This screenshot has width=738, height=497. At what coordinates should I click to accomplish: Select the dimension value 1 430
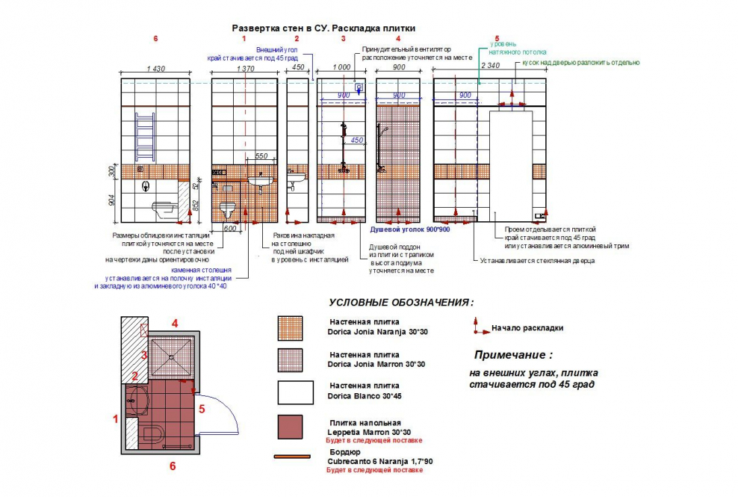pos(156,69)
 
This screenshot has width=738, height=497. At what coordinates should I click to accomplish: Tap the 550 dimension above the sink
pos(261,156)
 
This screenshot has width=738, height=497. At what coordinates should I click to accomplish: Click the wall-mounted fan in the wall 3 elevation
pos(359,88)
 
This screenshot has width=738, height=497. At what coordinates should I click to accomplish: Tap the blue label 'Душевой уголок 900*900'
pos(405,229)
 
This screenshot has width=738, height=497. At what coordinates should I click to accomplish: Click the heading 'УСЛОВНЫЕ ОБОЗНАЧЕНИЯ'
pos(400,303)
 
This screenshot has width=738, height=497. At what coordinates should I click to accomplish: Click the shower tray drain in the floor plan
pos(173,356)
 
